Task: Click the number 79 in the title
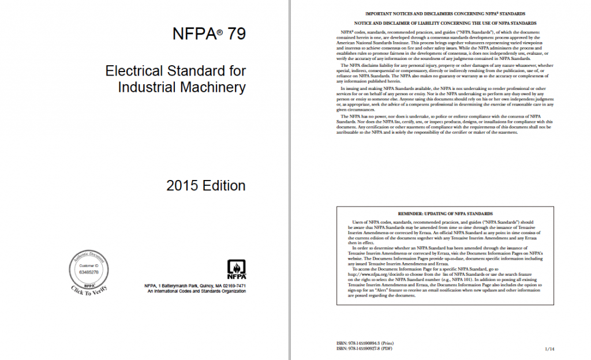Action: (x=234, y=34)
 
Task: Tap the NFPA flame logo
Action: (x=235, y=269)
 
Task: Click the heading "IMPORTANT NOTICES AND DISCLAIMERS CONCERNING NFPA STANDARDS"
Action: (x=445, y=13)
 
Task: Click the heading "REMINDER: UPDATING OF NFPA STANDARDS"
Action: (x=445, y=213)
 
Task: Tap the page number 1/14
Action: (x=549, y=349)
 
